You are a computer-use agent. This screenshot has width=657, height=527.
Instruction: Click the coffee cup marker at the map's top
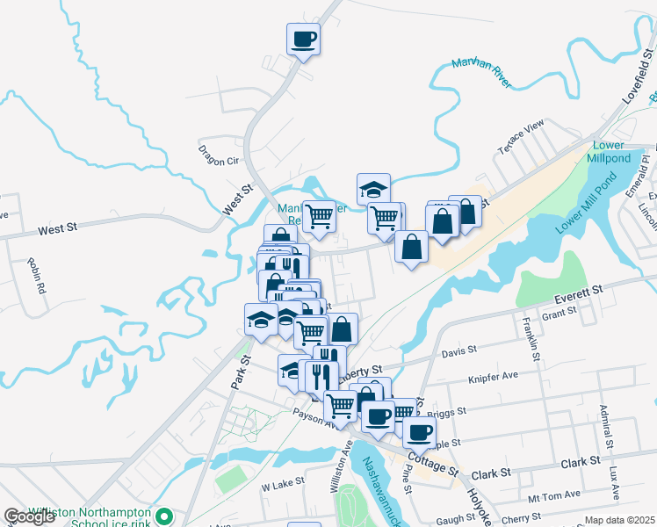(x=303, y=40)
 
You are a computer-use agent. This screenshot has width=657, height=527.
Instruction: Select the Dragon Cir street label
(x=219, y=155)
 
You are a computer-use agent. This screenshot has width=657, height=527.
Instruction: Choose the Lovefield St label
(x=639, y=79)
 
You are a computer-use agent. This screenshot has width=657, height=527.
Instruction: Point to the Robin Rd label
(x=36, y=275)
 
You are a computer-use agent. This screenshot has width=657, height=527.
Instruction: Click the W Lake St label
(x=282, y=482)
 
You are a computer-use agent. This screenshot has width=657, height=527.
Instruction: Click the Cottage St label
(x=433, y=464)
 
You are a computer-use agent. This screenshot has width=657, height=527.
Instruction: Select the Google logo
(x=30, y=516)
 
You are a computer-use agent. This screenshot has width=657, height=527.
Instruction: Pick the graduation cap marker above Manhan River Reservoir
(x=373, y=188)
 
